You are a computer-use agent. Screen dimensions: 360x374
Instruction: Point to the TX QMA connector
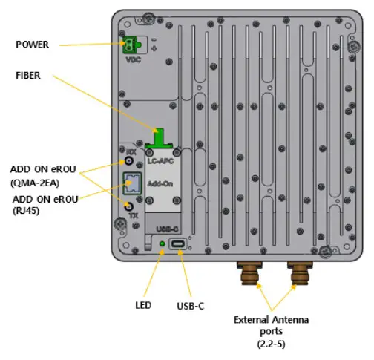(128, 206)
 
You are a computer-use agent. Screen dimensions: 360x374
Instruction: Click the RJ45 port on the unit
(129, 183)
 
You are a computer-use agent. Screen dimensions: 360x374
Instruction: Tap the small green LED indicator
(163, 243)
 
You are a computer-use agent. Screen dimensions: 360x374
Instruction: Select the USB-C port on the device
(179, 244)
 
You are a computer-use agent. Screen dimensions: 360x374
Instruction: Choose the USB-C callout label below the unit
(191, 305)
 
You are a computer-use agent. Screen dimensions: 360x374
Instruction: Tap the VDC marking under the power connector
(134, 59)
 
